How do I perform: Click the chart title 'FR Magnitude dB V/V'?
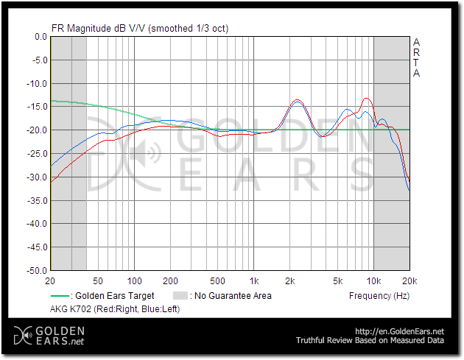[x=98, y=29]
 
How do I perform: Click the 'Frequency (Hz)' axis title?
[x=379, y=296]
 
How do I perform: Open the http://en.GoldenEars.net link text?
[x=400, y=332]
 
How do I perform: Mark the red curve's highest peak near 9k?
[x=366, y=98]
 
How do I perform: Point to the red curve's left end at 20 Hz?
[x=51, y=182]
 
